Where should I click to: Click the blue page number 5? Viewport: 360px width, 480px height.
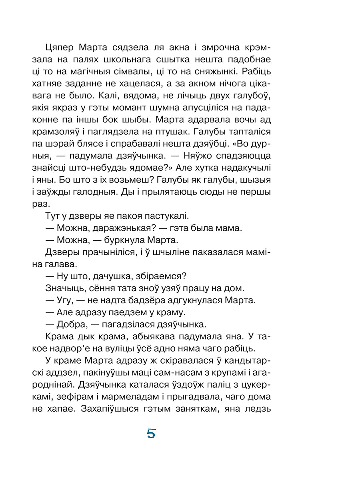151,434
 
